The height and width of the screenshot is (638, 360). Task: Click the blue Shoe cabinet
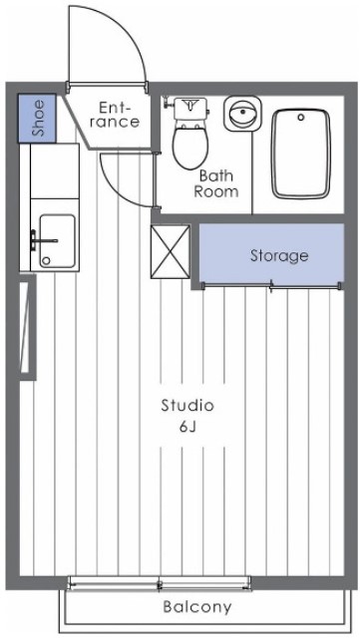(x=38, y=117)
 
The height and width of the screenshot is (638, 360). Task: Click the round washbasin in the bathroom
(x=240, y=113)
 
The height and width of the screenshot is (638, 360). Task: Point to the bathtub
(x=301, y=154)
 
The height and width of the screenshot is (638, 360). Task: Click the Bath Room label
(x=215, y=183)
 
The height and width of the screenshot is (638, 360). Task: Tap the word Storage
(x=278, y=256)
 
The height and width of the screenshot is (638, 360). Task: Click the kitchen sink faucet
(x=39, y=240)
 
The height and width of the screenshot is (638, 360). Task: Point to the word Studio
(x=187, y=406)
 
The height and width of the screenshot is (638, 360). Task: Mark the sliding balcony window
(x=160, y=582)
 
